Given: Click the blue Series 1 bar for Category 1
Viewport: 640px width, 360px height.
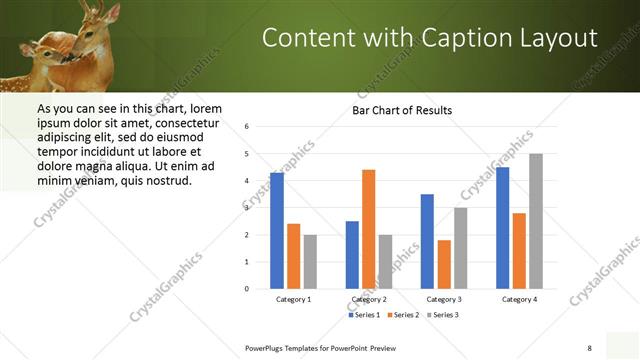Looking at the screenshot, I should coord(277,230).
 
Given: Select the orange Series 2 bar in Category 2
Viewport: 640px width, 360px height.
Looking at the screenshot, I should coord(368,229).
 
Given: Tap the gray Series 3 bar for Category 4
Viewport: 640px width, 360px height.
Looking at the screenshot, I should coord(536,221).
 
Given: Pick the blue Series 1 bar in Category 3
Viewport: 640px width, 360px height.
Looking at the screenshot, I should coord(427,241).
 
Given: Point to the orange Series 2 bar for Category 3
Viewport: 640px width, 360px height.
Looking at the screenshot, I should coord(444,264).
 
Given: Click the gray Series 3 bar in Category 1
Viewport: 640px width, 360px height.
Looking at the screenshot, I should coord(310,261).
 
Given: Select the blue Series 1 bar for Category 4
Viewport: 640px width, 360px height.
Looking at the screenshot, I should coord(502,228).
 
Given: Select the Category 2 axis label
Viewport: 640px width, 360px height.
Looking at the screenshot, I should coord(369,299).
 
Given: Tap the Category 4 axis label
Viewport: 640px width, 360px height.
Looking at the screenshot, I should coord(519,299).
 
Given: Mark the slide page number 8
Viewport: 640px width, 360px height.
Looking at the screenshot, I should coord(589,347).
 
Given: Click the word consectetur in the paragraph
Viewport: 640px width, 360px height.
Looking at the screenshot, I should coord(189,121).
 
